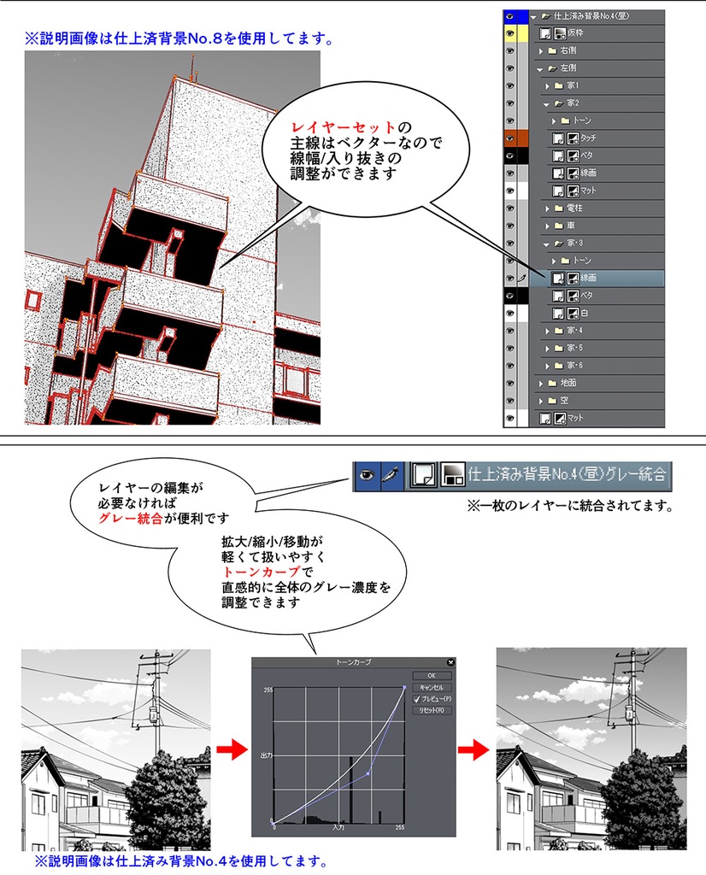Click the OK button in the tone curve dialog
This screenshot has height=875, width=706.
click(431, 675)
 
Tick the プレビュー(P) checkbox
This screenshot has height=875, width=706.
click(417, 698)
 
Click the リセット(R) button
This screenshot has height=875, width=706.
click(431, 710)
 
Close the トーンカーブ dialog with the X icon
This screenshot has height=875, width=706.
click(450, 661)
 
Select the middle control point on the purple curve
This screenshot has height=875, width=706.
click(368, 774)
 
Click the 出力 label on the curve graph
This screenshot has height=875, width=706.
click(266, 755)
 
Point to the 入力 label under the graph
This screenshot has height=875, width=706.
click(338, 827)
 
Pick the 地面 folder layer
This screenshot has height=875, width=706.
click(568, 383)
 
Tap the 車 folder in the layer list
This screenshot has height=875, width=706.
click(569, 226)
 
